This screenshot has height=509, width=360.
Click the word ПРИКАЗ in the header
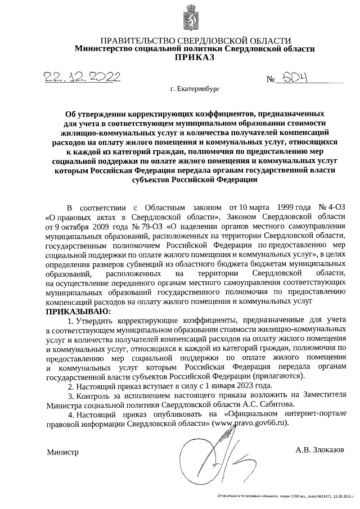(195, 57)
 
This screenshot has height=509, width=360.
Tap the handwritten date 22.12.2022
(78, 77)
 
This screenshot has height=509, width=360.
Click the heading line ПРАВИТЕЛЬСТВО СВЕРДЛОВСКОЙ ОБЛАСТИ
(195, 41)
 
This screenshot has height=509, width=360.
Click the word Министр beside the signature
(62, 452)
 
